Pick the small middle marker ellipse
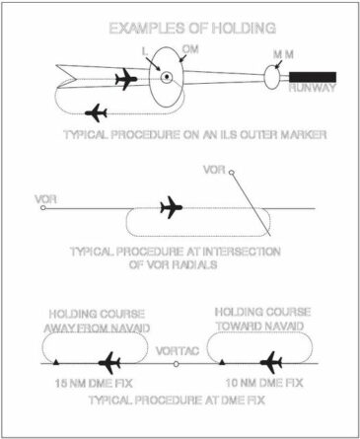click(x=273, y=76)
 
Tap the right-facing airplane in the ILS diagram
click(x=126, y=78)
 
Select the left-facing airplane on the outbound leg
click(x=97, y=110)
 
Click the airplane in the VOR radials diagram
click(x=172, y=207)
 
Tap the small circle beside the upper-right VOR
click(x=232, y=174)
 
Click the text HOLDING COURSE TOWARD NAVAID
click(x=262, y=318)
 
